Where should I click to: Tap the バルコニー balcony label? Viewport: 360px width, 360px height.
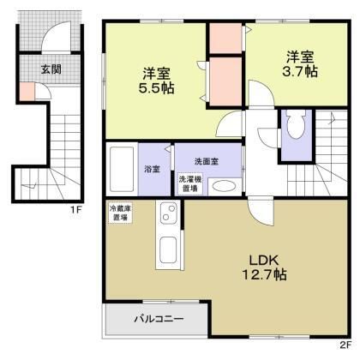tap(159, 321)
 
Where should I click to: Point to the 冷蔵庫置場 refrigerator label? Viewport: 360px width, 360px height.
tap(119, 213)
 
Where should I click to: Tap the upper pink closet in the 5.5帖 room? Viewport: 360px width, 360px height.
tap(227, 39)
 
